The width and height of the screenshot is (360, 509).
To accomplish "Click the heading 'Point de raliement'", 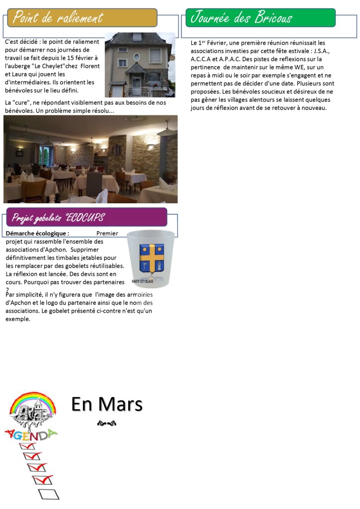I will coord(58,18).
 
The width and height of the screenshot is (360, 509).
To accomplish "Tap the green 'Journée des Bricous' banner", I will coord(242,18).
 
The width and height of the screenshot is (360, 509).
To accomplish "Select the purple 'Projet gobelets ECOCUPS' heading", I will coord(58,218).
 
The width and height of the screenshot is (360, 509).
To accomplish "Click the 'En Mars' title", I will coord(107,404).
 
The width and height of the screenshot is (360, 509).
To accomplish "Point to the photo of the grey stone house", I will coord(140,65).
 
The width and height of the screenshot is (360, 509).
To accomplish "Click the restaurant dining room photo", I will coord(90,159).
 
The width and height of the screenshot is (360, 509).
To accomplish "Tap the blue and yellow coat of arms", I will coord(151,257).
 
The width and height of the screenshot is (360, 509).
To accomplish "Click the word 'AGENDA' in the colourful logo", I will coord(31,435).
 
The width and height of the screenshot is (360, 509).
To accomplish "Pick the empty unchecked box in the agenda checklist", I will coord(48,494).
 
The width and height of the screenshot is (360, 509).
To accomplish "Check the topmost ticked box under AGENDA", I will coord(27,446).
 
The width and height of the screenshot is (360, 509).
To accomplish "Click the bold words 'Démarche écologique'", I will coord(37,233).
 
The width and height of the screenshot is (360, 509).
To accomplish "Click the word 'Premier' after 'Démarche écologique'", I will coord(107,233).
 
